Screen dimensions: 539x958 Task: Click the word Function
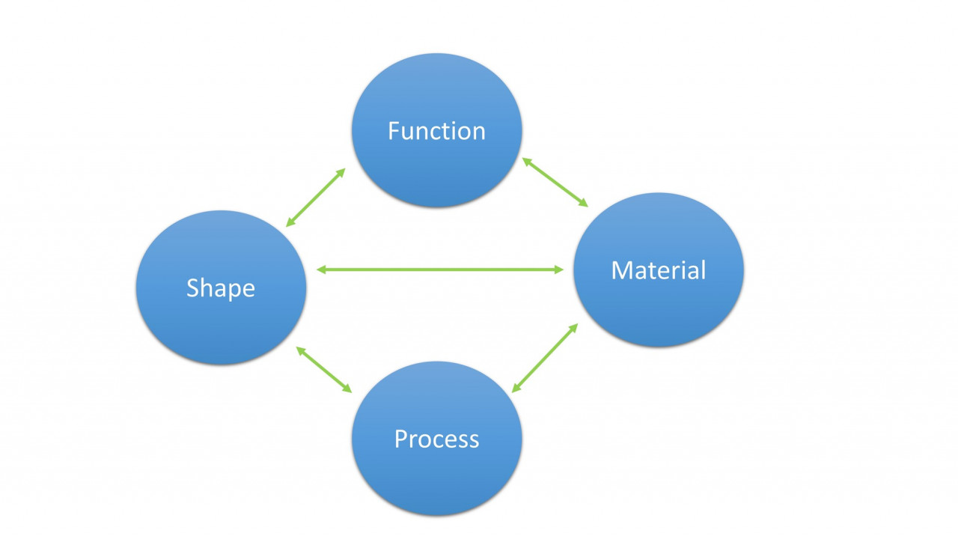pyautogui.click(x=436, y=131)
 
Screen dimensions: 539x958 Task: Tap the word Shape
pyautogui.click(x=221, y=287)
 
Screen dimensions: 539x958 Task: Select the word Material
pyautogui.click(x=659, y=270)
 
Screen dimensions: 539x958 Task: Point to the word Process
pyautogui.click(x=436, y=439)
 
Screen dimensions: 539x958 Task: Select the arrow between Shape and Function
pyautogui.click(x=316, y=197)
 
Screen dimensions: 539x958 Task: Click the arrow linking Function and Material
pyautogui.click(x=555, y=182)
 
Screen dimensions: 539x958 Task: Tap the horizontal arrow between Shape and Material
pyautogui.click(x=440, y=269)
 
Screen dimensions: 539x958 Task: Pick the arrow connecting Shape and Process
pyautogui.click(x=324, y=370)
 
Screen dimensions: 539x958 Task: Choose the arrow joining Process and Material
pyautogui.click(x=545, y=358)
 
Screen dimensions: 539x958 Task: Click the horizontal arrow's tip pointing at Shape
pyautogui.click(x=319, y=269)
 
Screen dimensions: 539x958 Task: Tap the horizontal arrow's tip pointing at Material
pyautogui.click(x=562, y=269)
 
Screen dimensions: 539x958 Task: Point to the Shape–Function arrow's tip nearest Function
pyautogui.click(x=344, y=170)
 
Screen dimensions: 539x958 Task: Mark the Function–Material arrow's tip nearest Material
pyautogui.click(x=586, y=205)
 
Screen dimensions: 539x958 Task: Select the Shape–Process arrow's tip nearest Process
pyautogui.click(x=350, y=391)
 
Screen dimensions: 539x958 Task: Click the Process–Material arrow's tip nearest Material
pyautogui.click(x=576, y=326)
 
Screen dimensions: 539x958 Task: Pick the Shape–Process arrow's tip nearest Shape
pyautogui.click(x=299, y=349)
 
